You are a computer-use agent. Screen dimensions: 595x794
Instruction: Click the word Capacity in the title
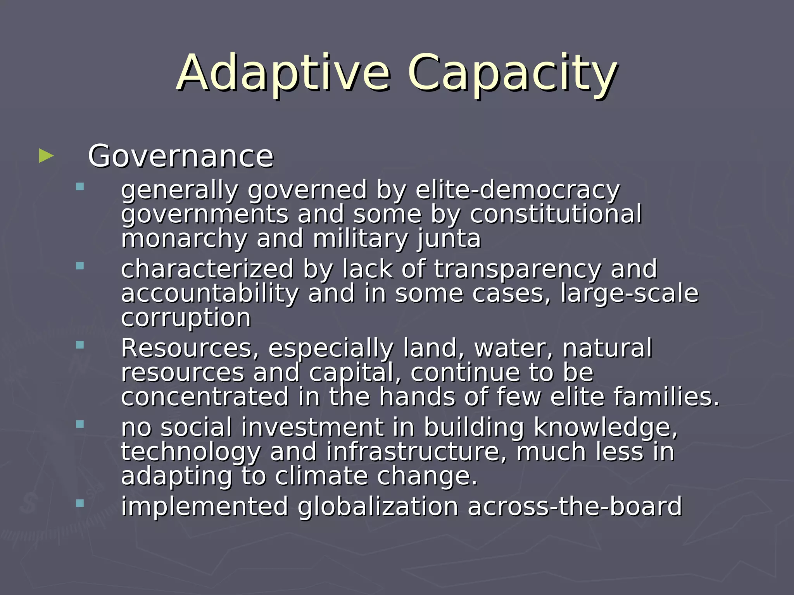coord(511,74)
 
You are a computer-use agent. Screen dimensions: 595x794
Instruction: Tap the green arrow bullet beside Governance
coord(46,156)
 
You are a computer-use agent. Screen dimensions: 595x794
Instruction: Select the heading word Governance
coord(181,156)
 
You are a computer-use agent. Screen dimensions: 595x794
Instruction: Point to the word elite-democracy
coord(518,190)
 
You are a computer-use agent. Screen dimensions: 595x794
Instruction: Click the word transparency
coord(518,269)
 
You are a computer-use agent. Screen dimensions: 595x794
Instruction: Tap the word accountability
coord(210,294)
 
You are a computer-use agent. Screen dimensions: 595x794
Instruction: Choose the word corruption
coord(186,318)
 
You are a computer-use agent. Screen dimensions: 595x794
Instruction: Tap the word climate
coord(321,476)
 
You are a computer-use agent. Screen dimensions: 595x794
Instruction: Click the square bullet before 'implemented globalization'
coord(80,503)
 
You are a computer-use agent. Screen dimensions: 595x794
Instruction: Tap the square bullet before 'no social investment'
coord(80,424)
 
